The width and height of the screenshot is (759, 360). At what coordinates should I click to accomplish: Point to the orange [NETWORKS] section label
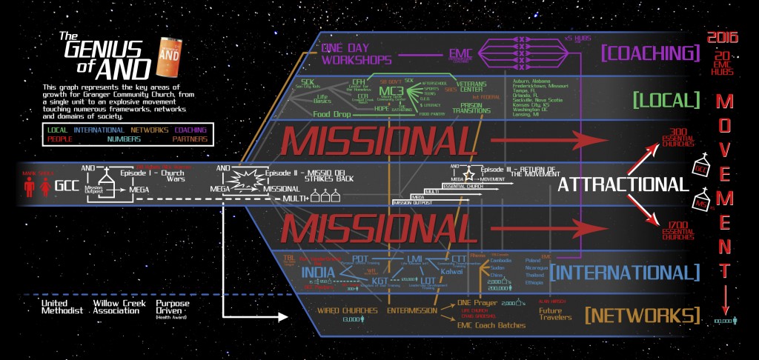coord(643,314)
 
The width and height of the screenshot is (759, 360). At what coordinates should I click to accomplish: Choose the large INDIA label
coord(319,271)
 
